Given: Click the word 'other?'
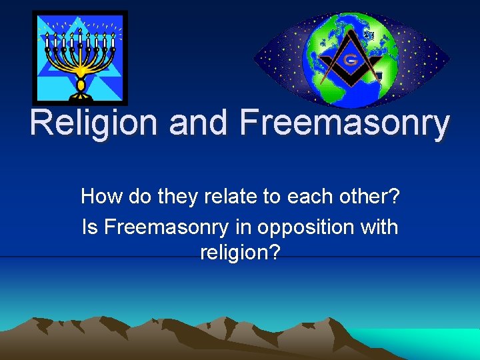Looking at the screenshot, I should tap(369, 197).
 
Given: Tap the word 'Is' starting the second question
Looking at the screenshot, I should tap(89, 227).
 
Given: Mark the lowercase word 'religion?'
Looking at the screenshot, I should tap(239, 253).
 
